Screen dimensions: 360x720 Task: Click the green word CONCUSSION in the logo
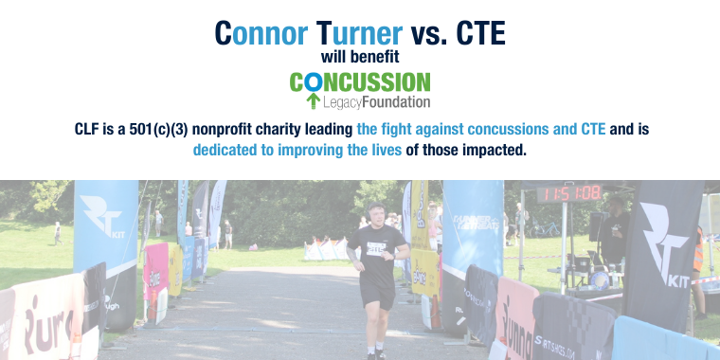tap(360, 82)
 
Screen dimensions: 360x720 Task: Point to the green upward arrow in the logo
tap(313, 100)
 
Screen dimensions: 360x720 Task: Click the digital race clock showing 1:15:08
tap(569, 194)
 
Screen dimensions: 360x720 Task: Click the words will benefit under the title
tap(359, 57)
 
